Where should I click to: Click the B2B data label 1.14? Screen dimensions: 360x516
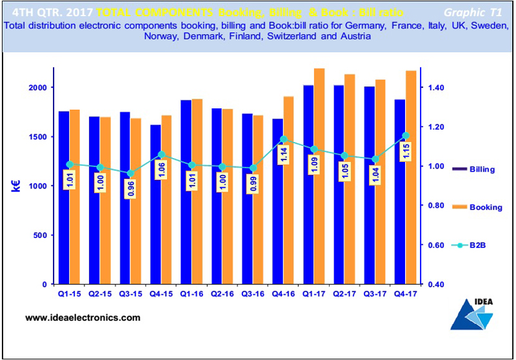pyautogui.click(x=283, y=155)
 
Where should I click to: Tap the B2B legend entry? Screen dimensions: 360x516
pyautogui.click(x=478, y=245)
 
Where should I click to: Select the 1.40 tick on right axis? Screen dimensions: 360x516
pyautogui.click(x=437, y=88)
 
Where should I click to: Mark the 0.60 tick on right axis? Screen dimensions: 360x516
pyautogui.click(x=437, y=245)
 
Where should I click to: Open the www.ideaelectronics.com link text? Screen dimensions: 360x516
pyautogui.click(x=83, y=318)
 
